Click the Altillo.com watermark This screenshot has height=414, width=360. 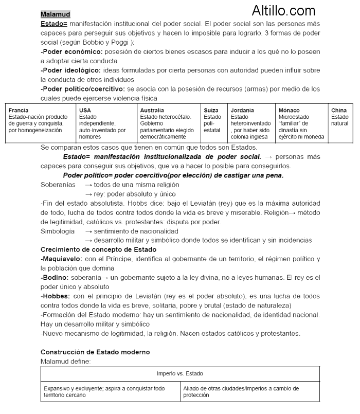(x=283, y=10)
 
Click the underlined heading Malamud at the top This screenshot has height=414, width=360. (x=55, y=14)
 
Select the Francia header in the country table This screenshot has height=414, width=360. (x=19, y=111)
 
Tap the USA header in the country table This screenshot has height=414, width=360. (x=85, y=111)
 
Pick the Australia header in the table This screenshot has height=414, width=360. (x=152, y=111)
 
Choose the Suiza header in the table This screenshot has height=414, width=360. (x=211, y=111)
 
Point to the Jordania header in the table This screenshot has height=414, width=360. (x=242, y=111)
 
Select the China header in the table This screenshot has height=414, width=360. (x=339, y=111)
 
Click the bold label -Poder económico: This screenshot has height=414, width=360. (x=71, y=52)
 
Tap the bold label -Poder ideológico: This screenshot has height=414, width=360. (x=70, y=70)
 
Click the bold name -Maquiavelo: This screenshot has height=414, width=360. (x=61, y=259)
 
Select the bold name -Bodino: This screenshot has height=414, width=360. (x=55, y=277)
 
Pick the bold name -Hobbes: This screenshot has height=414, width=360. (x=56, y=296)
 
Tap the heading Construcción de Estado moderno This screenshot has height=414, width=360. (x=95, y=352)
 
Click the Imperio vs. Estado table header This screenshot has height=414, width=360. (x=180, y=373)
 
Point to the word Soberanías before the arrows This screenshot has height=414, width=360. (x=58, y=185)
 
